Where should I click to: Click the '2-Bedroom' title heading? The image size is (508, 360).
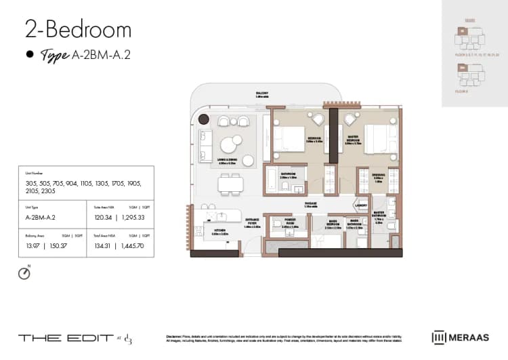point(78,29)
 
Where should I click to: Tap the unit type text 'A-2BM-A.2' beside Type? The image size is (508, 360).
point(100,55)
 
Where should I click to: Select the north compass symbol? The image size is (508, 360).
point(25,273)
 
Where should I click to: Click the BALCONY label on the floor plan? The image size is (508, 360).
point(261,93)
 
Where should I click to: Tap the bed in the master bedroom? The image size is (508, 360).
point(376,138)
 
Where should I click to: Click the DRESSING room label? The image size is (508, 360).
point(379,178)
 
